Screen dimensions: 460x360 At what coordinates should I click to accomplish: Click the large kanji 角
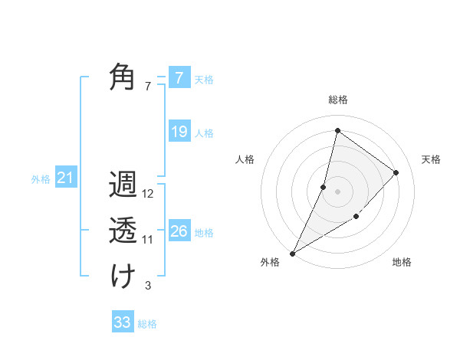(123, 77)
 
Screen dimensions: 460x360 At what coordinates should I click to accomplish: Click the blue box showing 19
(179, 132)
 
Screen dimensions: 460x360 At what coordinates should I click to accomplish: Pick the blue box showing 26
(179, 231)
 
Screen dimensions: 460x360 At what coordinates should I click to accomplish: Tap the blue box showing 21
(65, 178)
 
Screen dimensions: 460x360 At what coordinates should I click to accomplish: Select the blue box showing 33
(123, 322)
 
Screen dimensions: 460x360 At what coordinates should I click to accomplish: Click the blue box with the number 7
(179, 77)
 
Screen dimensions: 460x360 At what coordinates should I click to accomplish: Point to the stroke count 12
(148, 195)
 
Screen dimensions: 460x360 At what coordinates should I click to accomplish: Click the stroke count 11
(148, 240)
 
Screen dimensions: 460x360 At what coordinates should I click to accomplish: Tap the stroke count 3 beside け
(148, 286)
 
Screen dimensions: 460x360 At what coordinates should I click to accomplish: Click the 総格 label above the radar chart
(337, 100)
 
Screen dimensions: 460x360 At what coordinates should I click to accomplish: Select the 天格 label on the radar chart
(431, 159)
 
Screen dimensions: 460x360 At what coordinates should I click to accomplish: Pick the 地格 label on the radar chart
(402, 262)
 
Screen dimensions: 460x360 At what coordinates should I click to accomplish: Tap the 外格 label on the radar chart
(270, 262)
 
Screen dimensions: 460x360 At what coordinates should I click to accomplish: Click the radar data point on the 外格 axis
(292, 253)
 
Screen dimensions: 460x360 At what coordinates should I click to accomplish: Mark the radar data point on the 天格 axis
(396, 172)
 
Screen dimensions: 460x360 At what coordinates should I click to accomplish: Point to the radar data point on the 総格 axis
(337, 130)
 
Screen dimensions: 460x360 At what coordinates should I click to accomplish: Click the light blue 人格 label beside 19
(204, 133)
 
